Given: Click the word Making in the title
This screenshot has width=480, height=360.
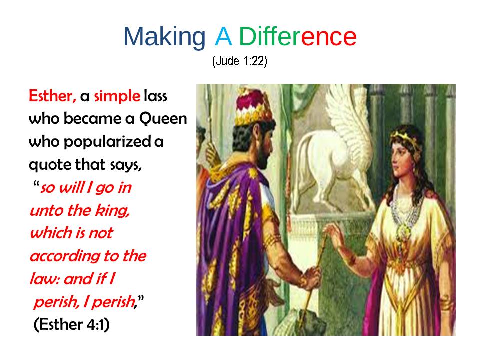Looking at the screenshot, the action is (x=164, y=37).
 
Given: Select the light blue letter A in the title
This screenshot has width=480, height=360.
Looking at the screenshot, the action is (x=223, y=36).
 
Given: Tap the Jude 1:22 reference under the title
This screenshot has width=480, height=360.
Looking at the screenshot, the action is (x=240, y=61).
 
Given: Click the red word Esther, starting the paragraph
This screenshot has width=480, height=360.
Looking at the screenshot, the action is (x=52, y=96).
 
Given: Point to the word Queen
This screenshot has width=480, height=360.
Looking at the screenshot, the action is (x=163, y=118).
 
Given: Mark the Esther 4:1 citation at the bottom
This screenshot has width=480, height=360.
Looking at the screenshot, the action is (x=71, y=325).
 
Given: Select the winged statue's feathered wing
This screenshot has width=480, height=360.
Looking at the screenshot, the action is (x=349, y=122).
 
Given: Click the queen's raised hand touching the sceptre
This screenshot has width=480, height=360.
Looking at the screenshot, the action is (x=336, y=235).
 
